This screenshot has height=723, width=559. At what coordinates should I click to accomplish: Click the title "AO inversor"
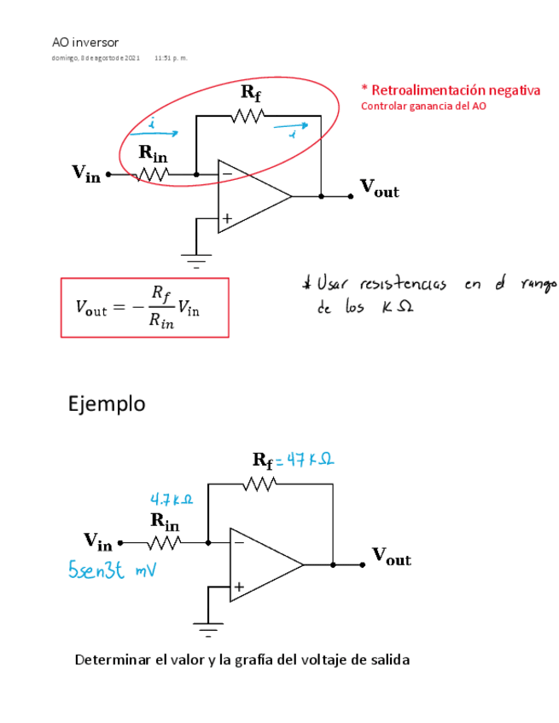pos(85,42)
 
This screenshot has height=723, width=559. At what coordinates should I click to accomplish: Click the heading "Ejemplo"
pos(107,403)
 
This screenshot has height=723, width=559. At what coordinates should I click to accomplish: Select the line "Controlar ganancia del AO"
pos(424,107)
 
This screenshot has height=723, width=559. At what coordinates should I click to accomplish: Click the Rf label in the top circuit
pos(251,91)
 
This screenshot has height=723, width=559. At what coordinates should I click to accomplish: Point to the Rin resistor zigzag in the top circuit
pos(154,174)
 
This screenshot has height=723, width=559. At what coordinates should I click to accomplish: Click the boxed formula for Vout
pos(144,307)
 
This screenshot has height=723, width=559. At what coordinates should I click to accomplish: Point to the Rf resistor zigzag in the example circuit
pos(259,484)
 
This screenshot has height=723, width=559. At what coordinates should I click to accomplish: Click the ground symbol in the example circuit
pos(207,628)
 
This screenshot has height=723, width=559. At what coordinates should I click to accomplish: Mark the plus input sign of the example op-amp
pos(239,587)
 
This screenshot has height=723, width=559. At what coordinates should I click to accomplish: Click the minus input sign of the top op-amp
pos(227,174)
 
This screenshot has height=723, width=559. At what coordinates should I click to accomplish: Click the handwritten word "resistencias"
pos(405,284)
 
